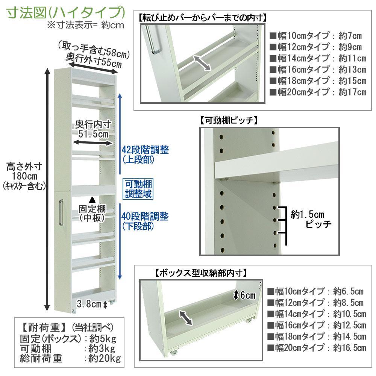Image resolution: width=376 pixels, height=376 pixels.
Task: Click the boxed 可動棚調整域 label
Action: (x=139, y=190)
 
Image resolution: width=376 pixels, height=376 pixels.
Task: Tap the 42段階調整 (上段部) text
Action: (x=145, y=155)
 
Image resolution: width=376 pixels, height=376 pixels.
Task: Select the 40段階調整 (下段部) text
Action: (x=145, y=221)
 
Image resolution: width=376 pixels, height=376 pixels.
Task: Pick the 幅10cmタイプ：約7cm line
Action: (x=315, y=36)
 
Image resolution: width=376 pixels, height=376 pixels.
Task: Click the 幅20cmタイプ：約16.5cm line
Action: (x=316, y=348)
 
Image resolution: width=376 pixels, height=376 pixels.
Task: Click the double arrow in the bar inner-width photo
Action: (x=202, y=63)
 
